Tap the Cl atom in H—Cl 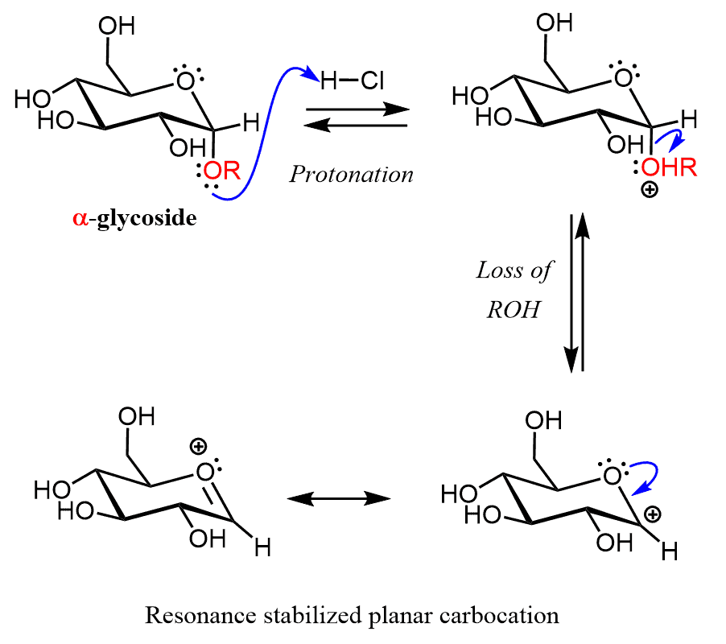pyautogui.click(x=373, y=80)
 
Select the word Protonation pyautogui.click(x=352, y=175)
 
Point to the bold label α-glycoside pyautogui.click(x=134, y=218)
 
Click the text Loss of pyautogui.click(x=514, y=270)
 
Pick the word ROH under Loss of pyautogui.click(x=512, y=311)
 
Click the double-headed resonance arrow pyautogui.click(x=339, y=499)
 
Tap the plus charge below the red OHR pyautogui.click(x=649, y=191)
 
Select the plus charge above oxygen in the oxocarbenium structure pyautogui.click(x=198, y=445)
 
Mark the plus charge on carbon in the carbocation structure pyautogui.click(x=655, y=512)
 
